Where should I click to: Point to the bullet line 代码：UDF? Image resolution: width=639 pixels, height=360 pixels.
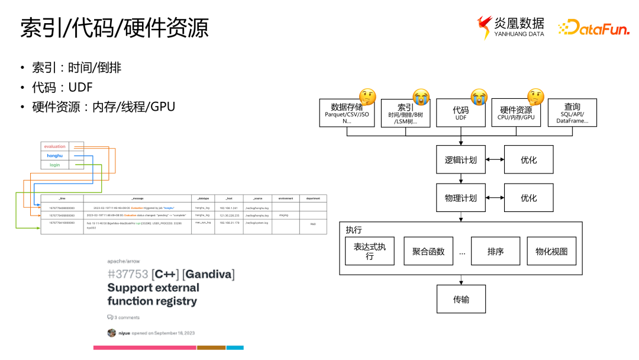62,87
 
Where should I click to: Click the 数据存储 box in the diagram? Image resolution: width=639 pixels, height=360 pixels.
347,112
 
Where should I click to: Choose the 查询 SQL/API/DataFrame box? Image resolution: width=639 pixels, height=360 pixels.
572,112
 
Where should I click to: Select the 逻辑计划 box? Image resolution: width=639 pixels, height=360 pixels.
461,160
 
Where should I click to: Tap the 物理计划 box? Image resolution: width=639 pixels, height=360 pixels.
461,198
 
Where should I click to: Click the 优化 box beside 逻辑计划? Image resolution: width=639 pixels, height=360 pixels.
528,160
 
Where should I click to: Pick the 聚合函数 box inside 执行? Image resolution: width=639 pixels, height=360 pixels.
428,251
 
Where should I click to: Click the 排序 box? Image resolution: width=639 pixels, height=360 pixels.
495,251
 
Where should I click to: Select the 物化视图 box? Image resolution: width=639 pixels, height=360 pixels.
551,251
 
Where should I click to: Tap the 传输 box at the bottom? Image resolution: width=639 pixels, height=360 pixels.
461,299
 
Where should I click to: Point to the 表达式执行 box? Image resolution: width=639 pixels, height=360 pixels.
370,251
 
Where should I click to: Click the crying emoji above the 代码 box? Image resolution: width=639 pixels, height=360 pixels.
479,96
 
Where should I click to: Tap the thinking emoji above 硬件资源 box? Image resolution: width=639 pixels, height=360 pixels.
535,96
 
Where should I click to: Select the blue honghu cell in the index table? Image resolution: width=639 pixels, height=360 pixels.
55,156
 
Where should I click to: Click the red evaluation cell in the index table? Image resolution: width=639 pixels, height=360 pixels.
55,146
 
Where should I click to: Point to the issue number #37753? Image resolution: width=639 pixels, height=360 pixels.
128,274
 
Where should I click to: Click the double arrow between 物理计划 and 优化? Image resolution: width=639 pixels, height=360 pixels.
495,198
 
